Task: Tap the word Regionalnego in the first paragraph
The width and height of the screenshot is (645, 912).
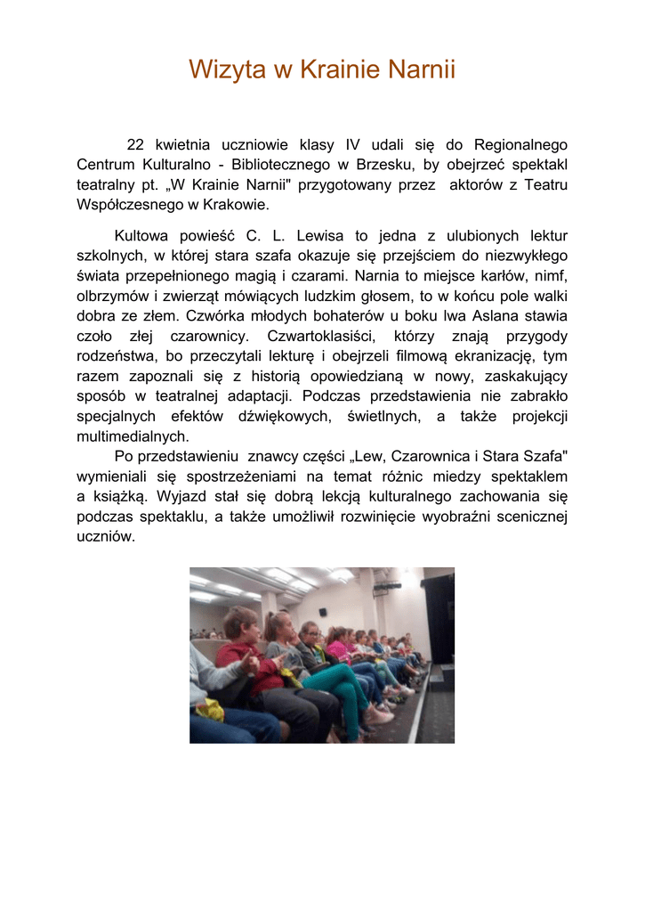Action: tap(520, 144)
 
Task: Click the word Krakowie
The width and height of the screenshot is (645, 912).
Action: tap(235, 205)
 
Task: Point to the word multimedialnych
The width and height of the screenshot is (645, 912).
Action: tap(133, 436)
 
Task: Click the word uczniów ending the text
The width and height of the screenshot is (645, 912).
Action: tap(105, 537)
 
